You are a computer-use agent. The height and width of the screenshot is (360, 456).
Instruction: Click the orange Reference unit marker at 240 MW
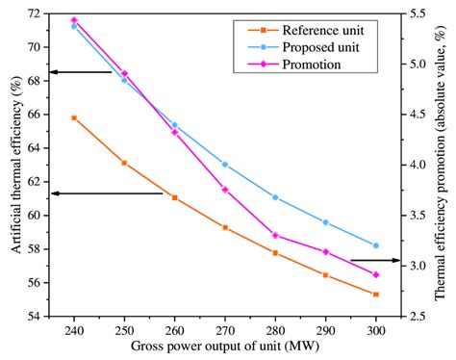[x=74, y=117]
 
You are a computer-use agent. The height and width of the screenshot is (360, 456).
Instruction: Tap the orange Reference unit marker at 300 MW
[x=376, y=295]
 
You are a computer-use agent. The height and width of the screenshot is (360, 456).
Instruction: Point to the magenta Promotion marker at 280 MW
[x=275, y=235]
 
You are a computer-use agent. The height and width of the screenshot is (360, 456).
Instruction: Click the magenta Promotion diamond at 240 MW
[x=74, y=20]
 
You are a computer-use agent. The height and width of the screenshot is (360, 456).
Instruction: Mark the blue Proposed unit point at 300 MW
[x=376, y=245]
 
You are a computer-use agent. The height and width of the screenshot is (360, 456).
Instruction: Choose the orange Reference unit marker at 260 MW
[x=174, y=197]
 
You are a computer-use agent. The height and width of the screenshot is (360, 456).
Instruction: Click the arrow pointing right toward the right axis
[x=374, y=260]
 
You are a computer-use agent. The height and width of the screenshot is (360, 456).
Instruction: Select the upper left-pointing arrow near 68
[x=81, y=72]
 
